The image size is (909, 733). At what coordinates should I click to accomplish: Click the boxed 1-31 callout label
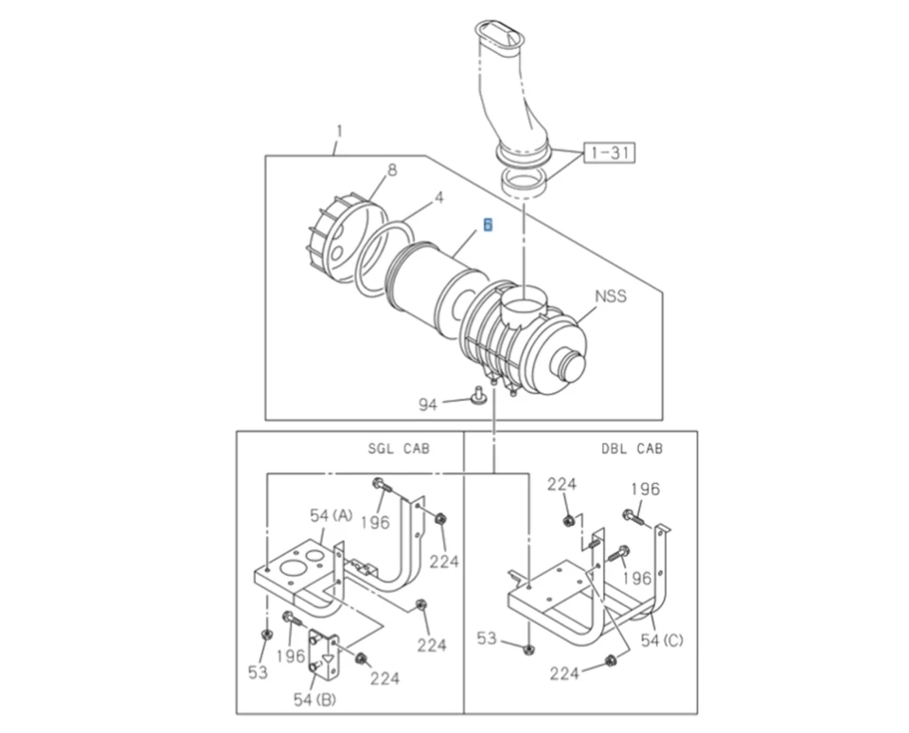[610, 152]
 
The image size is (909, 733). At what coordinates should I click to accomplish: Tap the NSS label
[611, 296]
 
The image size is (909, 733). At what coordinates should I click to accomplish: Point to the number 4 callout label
[438, 199]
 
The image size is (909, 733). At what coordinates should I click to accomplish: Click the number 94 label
[429, 404]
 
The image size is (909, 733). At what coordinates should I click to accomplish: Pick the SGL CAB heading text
[398, 448]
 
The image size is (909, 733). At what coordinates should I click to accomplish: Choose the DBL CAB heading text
[632, 448]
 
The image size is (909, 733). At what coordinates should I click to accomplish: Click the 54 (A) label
[330, 515]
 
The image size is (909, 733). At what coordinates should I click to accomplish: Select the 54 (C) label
[659, 640]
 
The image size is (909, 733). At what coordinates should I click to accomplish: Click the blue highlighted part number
[487, 224]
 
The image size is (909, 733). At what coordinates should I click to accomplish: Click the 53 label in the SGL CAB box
[258, 672]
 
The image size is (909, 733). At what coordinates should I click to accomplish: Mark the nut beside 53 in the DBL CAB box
[528, 649]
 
